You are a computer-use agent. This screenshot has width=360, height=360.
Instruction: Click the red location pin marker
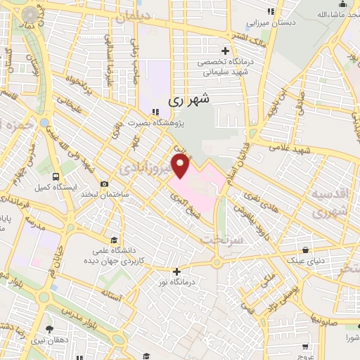[181, 167]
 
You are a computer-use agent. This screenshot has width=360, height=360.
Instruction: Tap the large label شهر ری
[189, 101]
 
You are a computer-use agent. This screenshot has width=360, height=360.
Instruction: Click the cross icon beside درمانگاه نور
[176, 271]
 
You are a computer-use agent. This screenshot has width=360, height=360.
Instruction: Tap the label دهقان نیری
[48, 340]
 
